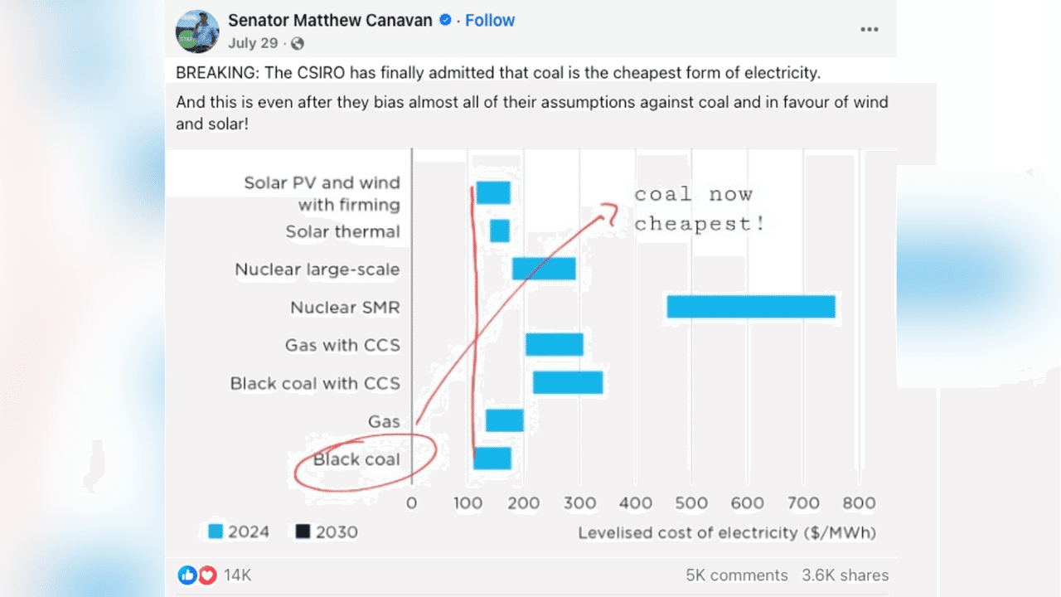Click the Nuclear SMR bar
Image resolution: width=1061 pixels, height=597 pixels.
pyautogui.click(x=750, y=307)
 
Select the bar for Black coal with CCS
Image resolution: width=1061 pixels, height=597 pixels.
pyautogui.click(x=568, y=382)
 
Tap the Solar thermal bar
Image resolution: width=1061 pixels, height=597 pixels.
pyautogui.click(x=500, y=231)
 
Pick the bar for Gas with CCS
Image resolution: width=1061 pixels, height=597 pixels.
pyautogui.click(x=555, y=344)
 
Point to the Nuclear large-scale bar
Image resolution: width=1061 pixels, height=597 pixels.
pyautogui.click(x=544, y=269)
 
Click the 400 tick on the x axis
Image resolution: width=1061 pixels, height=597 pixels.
pyautogui.click(x=636, y=502)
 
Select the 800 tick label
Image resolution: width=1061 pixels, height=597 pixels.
pyautogui.click(x=859, y=502)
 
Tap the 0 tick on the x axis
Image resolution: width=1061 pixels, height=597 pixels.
pyautogui.click(x=412, y=502)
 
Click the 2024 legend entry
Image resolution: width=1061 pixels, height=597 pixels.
pyautogui.click(x=239, y=531)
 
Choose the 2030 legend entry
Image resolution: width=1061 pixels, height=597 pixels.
pyautogui.click(x=327, y=531)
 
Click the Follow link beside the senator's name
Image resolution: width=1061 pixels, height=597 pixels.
pyautogui.click(x=490, y=21)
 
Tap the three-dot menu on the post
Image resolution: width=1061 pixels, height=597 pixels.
pyautogui.click(x=869, y=29)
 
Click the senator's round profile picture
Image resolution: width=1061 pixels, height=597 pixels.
pyautogui.click(x=197, y=32)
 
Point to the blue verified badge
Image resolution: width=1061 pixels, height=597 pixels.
pyautogui.click(x=445, y=21)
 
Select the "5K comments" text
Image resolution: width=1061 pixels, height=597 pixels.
pyautogui.click(x=736, y=575)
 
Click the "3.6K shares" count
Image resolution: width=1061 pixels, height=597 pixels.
pyautogui.click(x=845, y=575)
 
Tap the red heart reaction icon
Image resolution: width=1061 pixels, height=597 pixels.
pyautogui.click(x=206, y=575)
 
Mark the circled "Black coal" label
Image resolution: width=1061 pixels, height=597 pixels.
pyautogui.click(x=357, y=459)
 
